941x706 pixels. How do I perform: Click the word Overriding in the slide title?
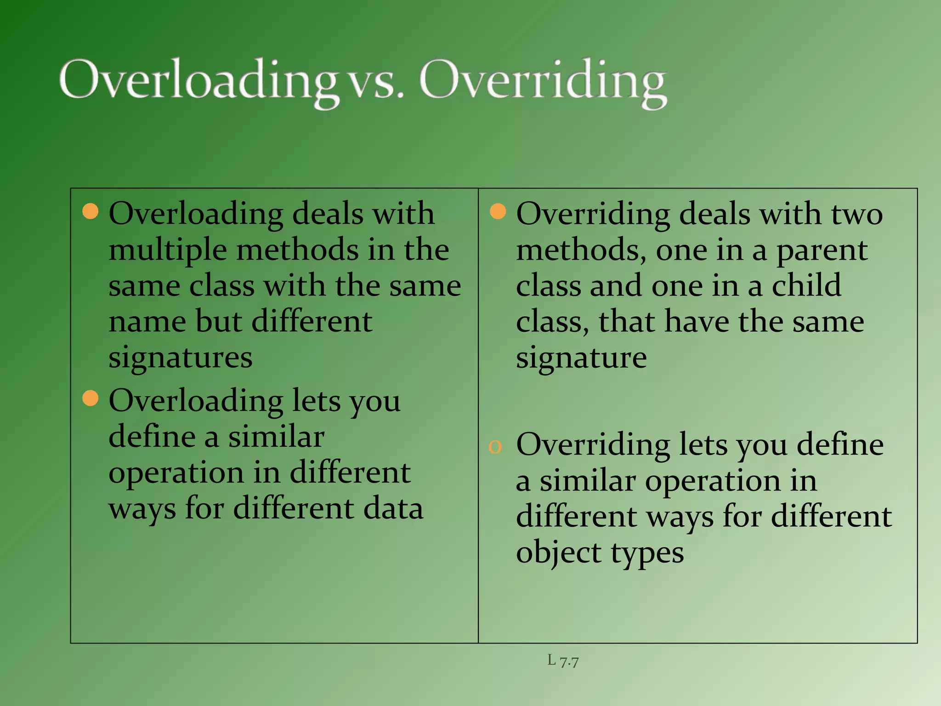pyautogui.click(x=542, y=81)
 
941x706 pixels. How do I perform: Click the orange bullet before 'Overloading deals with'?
pyautogui.click(x=91, y=211)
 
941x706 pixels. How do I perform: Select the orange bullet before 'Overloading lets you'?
pyautogui.click(x=91, y=398)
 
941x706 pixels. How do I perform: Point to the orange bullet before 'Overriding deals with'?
pyautogui.click(x=498, y=211)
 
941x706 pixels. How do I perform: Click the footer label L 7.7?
pyautogui.click(x=563, y=660)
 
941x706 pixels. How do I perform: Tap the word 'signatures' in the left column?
pyautogui.click(x=181, y=358)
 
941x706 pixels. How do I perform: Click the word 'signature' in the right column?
pyautogui.click(x=581, y=358)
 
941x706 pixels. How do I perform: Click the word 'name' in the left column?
pyautogui.click(x=147, y=322)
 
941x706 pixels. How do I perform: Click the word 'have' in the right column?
pyautogui.click(x=697, y=321)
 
